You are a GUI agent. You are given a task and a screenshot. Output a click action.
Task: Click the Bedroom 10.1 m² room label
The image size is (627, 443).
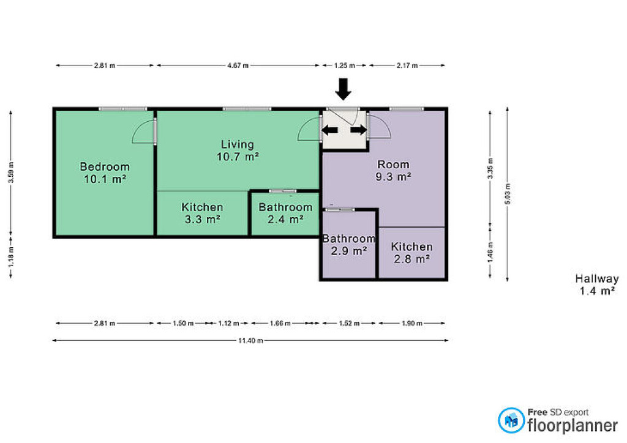(105, 173)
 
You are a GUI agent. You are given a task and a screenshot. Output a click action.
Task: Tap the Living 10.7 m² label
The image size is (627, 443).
(238, 150)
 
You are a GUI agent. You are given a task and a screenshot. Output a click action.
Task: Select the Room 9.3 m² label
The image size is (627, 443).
(394, 170)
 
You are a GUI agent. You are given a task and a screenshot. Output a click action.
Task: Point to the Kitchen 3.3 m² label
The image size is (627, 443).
(202, 213)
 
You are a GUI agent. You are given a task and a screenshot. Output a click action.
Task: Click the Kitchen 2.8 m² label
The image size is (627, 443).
(412, 253)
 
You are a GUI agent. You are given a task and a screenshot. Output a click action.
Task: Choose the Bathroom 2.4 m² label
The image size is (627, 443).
(285, 213)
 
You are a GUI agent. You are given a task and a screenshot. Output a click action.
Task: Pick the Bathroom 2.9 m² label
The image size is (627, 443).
(349, 245)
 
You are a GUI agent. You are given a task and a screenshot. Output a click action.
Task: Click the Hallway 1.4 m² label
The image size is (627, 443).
(597, 285)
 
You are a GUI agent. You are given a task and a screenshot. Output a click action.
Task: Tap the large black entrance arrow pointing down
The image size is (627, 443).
(343, 89)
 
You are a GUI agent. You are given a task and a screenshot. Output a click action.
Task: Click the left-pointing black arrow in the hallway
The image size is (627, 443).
(329, 130)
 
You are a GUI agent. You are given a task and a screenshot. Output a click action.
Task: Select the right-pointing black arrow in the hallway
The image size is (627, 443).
(359, 130)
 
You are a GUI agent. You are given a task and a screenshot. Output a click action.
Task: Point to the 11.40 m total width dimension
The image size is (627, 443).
(250, 340)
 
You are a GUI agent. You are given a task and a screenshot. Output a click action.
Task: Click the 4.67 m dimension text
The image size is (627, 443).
(238, 65)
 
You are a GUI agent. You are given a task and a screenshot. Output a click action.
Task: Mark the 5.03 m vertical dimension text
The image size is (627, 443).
(508, 194)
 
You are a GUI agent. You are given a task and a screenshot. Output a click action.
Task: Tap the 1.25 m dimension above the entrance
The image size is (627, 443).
(344, 65)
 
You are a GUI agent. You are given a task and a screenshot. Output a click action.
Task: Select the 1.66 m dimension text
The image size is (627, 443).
(280, 322)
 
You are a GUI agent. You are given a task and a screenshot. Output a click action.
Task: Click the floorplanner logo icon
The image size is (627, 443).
(511, 420)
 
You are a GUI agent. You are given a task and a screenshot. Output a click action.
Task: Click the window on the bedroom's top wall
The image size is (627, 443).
(122, 109)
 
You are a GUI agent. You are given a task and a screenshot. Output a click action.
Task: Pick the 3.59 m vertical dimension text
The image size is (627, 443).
(11, 172)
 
